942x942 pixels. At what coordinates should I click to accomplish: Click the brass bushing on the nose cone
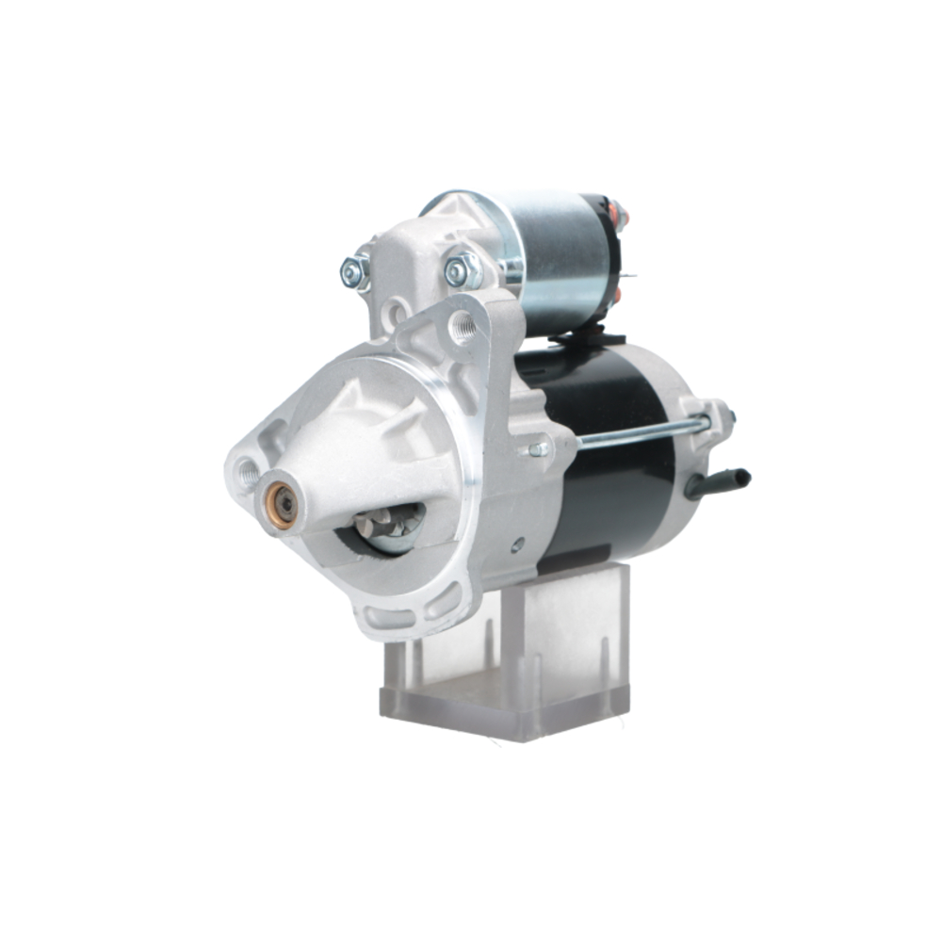pyautogui.click(x=282, y=506)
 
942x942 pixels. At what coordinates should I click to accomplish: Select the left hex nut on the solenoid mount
pyautogui.click(x=354, y=272)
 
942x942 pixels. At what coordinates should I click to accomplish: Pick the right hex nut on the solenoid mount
pyautogui.click(x=461, y=271)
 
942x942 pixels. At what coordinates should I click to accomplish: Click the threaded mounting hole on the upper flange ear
pyautogui.click(x=463, y=327)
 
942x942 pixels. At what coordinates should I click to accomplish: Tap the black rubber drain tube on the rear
pyautogui.click(x=721, y=481)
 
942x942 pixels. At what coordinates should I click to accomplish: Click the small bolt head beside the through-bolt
pyautogui.click(x=538, y=449)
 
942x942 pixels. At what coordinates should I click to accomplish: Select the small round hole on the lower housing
pyautogui.click(x=516, y=544)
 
